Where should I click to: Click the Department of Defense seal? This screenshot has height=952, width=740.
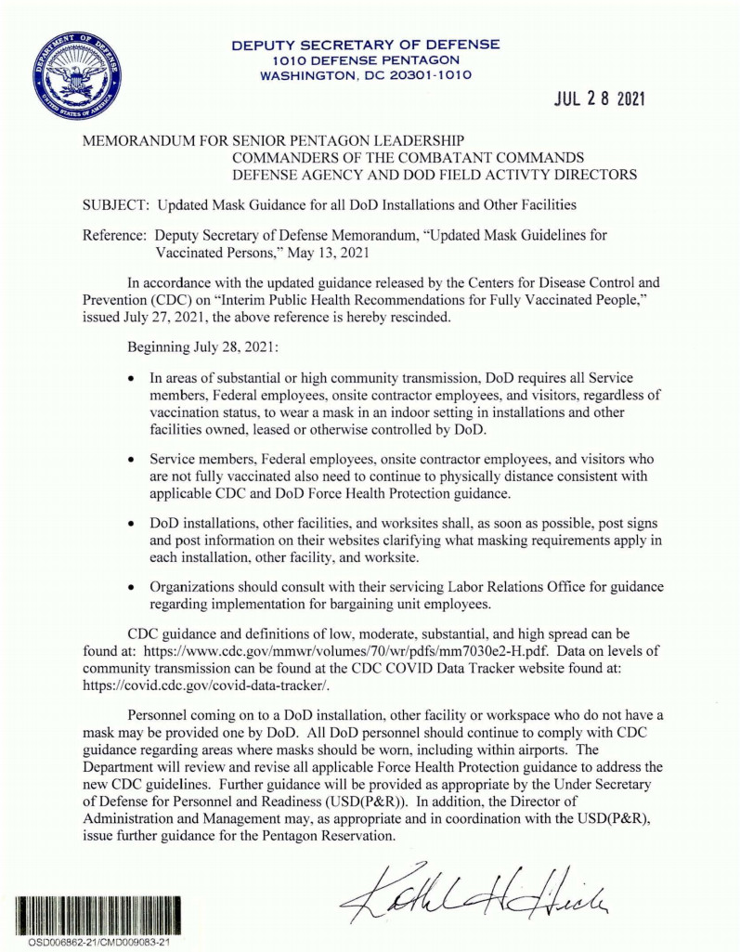click(x=79, y=74)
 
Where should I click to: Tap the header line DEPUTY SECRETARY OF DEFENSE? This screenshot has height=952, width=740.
click(x=365, y=44)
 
